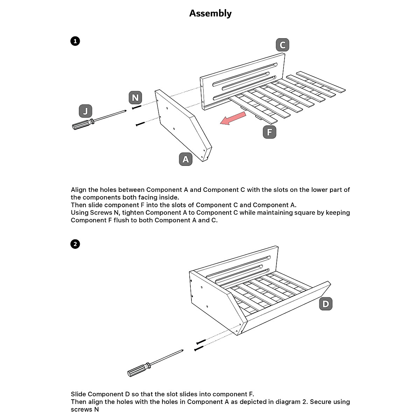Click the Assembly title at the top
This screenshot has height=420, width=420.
pyautogui.click(x=210, y=13)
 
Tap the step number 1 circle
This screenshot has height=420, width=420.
pyautogui.click(x=75, y=41)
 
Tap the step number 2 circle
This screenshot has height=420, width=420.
pyautogui.click(x=75, y=244)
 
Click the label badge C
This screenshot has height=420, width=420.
pyautogui.click(x=282, y=45)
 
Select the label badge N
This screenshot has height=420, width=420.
pyautogui.click(x=135, y=98)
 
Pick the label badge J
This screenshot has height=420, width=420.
pyautogui.click(x=85, y=111)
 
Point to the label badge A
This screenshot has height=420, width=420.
pyautogui.click(x=185, y=159)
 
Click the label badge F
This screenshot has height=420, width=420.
pyautogui.click(x=269, y=132)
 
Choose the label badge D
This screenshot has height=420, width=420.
pyautogui.click(x=326, y=304)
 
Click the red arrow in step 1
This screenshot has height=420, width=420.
pyautogui.click(x=232, y=118)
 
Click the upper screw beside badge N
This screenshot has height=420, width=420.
pyautogui.click(x=136, y=107)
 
